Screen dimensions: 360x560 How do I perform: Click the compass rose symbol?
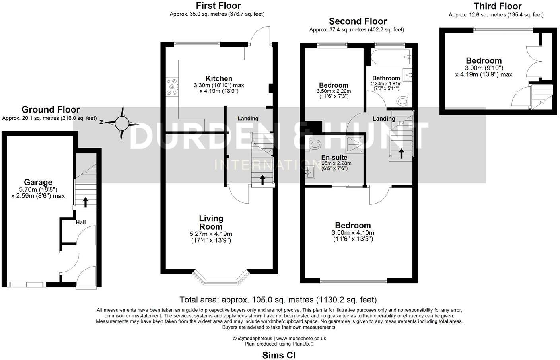point(122,124)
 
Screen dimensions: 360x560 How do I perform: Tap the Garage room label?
point(38,183)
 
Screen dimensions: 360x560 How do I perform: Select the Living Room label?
point(211,222)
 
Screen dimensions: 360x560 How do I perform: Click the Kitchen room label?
point(219,78)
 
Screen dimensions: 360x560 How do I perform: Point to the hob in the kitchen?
point(172,86)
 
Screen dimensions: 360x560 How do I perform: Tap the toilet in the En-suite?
point(315,144)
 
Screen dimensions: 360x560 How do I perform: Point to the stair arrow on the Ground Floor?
point(85,202)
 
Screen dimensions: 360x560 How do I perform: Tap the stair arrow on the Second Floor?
point(401,153)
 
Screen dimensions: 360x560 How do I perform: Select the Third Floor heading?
point(497,6)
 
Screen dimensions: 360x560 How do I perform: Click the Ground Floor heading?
point(51,109)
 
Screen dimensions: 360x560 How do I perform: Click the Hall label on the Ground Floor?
point(81,222)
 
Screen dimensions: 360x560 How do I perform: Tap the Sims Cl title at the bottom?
point(279,355)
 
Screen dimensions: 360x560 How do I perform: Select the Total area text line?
point(278,300)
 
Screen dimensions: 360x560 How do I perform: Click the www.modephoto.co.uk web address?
point(301,338)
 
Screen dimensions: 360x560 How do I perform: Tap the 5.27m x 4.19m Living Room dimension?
point(211,234)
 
